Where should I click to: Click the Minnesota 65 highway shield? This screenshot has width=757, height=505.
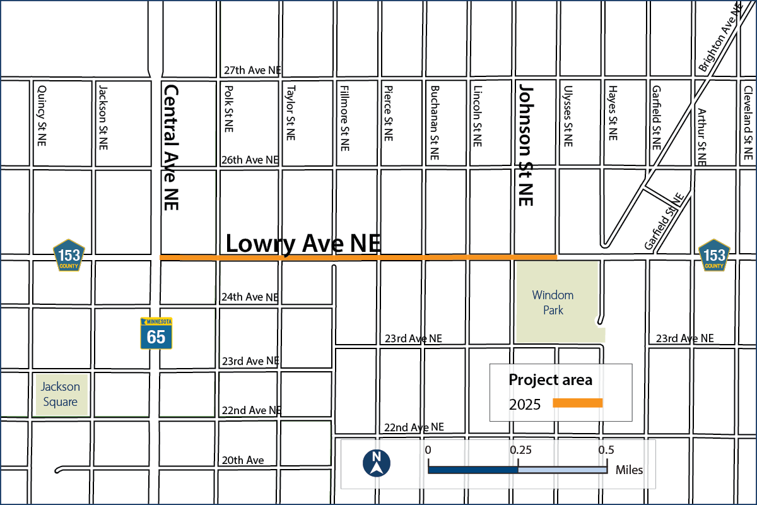pyautogui.click(x=156, y=333)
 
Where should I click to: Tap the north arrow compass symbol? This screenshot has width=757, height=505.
pyautogui.click(x=376, y=463)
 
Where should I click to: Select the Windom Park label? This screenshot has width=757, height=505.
pyautogui.click(x=553, y=302)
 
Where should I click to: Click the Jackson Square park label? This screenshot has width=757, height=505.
pyautogui.click(x=61, y=394)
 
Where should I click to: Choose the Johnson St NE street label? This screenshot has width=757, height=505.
pyautogui.click(x=525, y=144)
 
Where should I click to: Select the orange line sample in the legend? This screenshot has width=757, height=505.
pyautogui.click(x=578, y=403)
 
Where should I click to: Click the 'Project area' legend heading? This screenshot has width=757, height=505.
pyautogui.click(x=550, y=380)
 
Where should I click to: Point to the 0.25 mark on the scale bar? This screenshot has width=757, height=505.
pyautogui.click(x=520, y=450)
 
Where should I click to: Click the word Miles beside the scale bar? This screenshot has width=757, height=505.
pyautogui.click(x=629, y=470)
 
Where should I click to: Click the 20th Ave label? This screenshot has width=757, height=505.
pyautogui.click(x=242, y=460)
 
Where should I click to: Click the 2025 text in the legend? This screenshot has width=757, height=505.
pyautogui.click(x=525, y=405)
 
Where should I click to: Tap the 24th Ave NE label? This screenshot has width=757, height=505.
pyautogui.click(x=250, y=297)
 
